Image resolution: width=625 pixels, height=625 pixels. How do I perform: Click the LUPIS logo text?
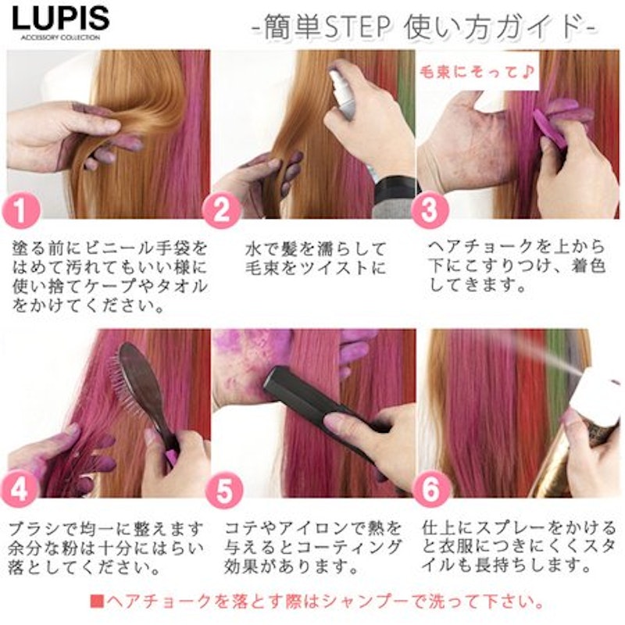[x=61, y=19]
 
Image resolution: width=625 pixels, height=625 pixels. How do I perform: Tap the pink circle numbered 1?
[x=22, y=210]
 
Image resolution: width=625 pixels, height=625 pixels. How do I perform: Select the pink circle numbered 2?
[x=221, y=210]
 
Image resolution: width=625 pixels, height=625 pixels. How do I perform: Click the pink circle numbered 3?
[x=429, y=210]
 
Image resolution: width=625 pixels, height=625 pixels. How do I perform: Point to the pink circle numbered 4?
[x=19, y=490]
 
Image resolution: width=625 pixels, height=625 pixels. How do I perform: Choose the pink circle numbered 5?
[x=224, y=491]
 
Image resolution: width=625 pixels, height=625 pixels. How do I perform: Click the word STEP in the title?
[x=358, y=27]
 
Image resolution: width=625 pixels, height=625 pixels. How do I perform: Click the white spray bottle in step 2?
[x=342, y=95]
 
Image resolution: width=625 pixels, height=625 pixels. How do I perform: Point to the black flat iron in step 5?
[x=319, y=402]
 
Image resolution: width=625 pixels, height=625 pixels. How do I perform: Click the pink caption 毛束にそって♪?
[x=477, y=72]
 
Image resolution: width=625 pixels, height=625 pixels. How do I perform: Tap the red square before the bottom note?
[x=97, y=601]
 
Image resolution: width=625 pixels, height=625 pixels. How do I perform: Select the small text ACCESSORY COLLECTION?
[x=60, y=37]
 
